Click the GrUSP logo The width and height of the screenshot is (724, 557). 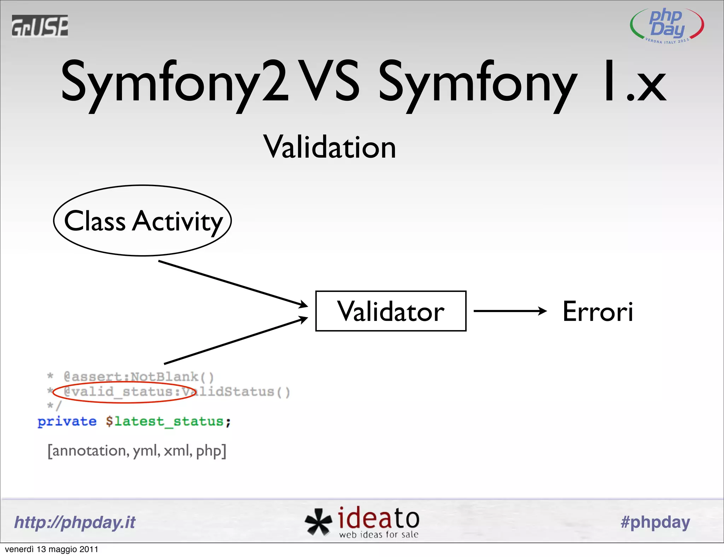click(40, 26)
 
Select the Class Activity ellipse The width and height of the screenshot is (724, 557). click(142, 221)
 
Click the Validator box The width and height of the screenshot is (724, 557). click(391, 311)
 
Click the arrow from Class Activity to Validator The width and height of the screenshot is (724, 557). click(233, 283)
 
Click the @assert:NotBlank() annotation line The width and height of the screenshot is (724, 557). click(138, 377)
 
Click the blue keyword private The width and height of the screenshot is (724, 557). click(67, 421)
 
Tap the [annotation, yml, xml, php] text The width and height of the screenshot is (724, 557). click(137, 451)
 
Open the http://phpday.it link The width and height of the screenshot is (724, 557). click(75, 522)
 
